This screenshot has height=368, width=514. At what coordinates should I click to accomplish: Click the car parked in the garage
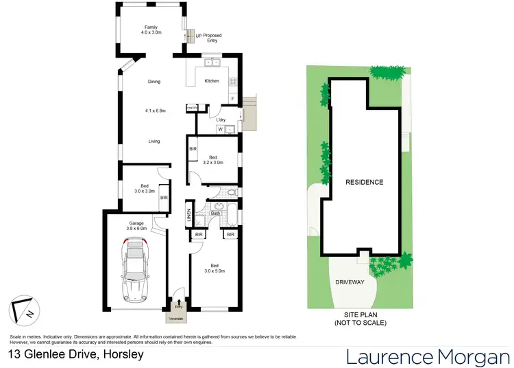coord(134,272)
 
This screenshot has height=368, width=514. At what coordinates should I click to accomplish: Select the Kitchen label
coord(212,82)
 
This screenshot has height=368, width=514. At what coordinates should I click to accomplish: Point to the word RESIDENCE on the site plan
coord(364,182)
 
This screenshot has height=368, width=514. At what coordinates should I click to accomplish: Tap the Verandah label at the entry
coord(180,318)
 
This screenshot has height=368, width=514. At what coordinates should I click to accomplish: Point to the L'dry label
coord(221,120)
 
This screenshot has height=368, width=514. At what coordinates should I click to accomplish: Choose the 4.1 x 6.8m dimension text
coord(154,111)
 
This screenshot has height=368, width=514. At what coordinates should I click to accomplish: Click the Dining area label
coord(154,82)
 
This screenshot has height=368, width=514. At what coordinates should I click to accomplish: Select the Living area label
coord(154,141)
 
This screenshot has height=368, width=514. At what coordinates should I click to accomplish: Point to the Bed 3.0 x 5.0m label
coord(215,268)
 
